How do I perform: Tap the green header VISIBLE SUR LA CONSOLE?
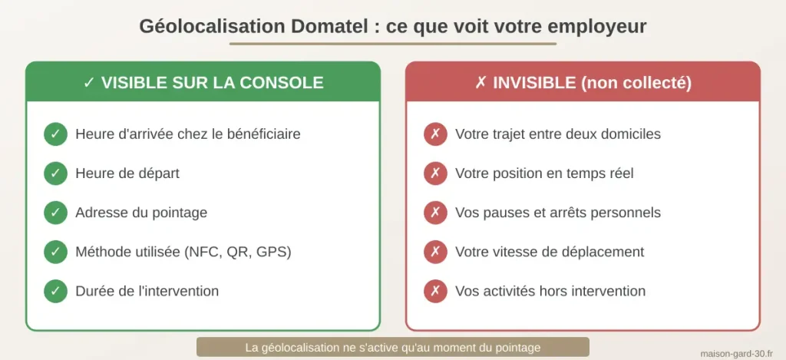[203, 82]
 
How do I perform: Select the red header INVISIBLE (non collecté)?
[583, 82]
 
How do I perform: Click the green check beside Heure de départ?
[55, 173]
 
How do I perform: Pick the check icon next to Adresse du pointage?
[55, 213]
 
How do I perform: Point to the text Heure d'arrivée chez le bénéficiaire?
[187, 134]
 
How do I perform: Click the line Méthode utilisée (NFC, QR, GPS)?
[183, 252]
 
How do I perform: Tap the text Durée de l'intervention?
[147, 291]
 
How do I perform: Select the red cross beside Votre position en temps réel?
[435, 173]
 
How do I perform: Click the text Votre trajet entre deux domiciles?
[557, 134]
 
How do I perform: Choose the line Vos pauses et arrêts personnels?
[557, 213]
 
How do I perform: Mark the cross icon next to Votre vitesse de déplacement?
[435, 252]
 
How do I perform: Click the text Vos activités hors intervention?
[550, 291]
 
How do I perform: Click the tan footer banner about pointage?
[392, 347]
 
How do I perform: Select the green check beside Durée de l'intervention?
[55, 291]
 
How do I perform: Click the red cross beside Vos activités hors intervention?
[435, 291]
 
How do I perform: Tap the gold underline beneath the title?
[392, 44]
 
